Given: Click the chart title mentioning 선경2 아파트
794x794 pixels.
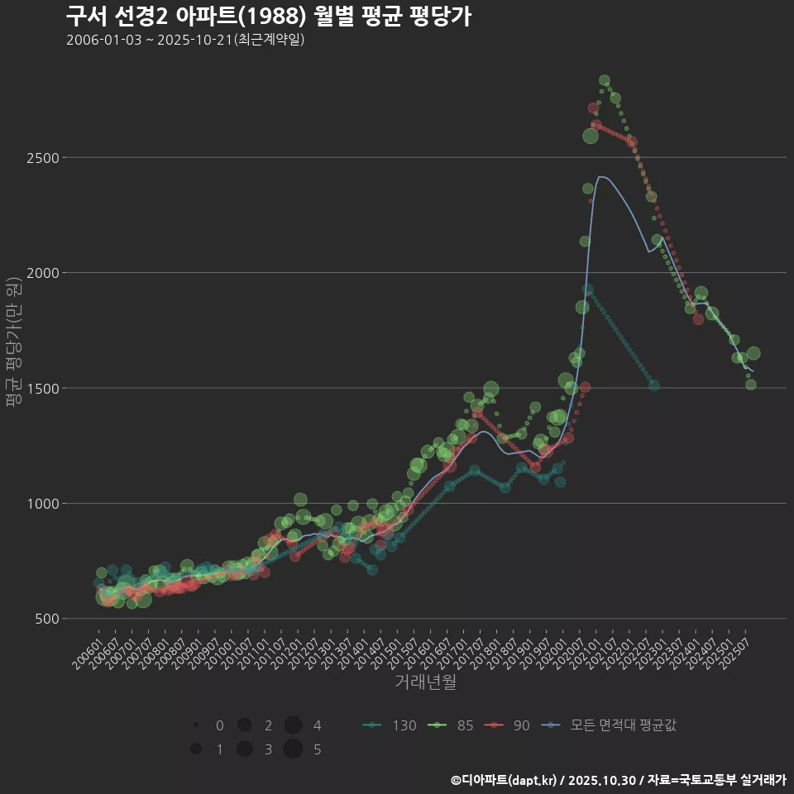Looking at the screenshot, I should point(268,17).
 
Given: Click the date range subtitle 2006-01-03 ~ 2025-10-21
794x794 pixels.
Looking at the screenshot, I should point(185,40).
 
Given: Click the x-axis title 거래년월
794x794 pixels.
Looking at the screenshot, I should point(425,682).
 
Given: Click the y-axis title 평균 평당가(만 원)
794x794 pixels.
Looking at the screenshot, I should point(13,343).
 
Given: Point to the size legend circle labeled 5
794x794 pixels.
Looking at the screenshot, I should point(292,749).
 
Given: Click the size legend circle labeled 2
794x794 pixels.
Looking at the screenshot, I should point(244,725).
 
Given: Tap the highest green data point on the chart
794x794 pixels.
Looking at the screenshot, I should point(604,80).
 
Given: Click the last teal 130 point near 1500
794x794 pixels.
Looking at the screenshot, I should point(653,385).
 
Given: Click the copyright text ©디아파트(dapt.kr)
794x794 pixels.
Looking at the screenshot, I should point(504,780).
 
